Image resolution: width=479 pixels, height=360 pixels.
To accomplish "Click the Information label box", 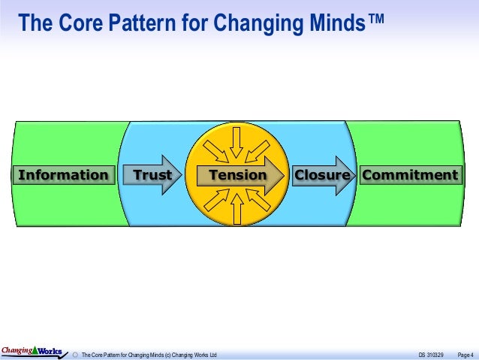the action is tap(63, 175).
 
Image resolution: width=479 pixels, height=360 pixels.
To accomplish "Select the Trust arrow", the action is tap(152, 175).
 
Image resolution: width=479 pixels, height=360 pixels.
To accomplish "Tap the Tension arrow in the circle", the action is tap(238, 175).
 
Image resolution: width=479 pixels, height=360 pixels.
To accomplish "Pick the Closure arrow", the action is tap(322, 175).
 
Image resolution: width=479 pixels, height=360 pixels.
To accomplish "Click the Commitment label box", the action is tap(410, 175).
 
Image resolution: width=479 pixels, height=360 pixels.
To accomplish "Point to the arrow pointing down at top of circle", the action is tap(237, 141).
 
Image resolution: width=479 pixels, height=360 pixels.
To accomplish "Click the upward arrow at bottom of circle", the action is tap(237, 209).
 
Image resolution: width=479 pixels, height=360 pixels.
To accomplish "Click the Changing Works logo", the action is tap(31, 350).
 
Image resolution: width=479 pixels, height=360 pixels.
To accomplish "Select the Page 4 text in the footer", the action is tap(465, 354).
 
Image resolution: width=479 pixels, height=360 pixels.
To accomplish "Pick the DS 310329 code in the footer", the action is tap(430, 354).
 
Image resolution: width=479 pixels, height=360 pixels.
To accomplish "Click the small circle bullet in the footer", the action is tap(74, 354).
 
